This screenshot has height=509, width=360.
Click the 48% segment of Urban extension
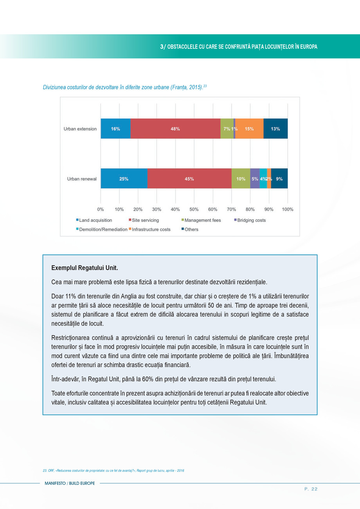coord(175,129)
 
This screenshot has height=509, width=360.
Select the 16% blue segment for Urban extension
coord(115,129)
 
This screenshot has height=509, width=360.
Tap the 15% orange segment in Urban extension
coord(249,129)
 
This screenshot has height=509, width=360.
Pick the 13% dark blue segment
coord(275,129)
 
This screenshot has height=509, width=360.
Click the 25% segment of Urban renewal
coord(124,179)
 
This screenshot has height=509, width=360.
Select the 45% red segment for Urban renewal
coord(189,179)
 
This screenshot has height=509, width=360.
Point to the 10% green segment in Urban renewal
coord(241,179)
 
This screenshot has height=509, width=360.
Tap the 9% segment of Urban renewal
coord(279,179)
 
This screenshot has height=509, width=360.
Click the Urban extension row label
coord(80,129)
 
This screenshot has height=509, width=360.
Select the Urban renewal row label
coord(82,179)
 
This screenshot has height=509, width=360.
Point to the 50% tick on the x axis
coord(194,209)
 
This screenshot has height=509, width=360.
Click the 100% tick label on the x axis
coord(288,209)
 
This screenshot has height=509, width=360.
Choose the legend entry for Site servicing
coord(145,220)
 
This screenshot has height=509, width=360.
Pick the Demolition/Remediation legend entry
coord(103,229)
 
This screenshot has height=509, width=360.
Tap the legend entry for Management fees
coord(202,220)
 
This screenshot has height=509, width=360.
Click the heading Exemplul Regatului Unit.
coord(85,268)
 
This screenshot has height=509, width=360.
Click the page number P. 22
coord(311,489)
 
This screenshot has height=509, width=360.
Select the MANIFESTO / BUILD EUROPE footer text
coord(70,484)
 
